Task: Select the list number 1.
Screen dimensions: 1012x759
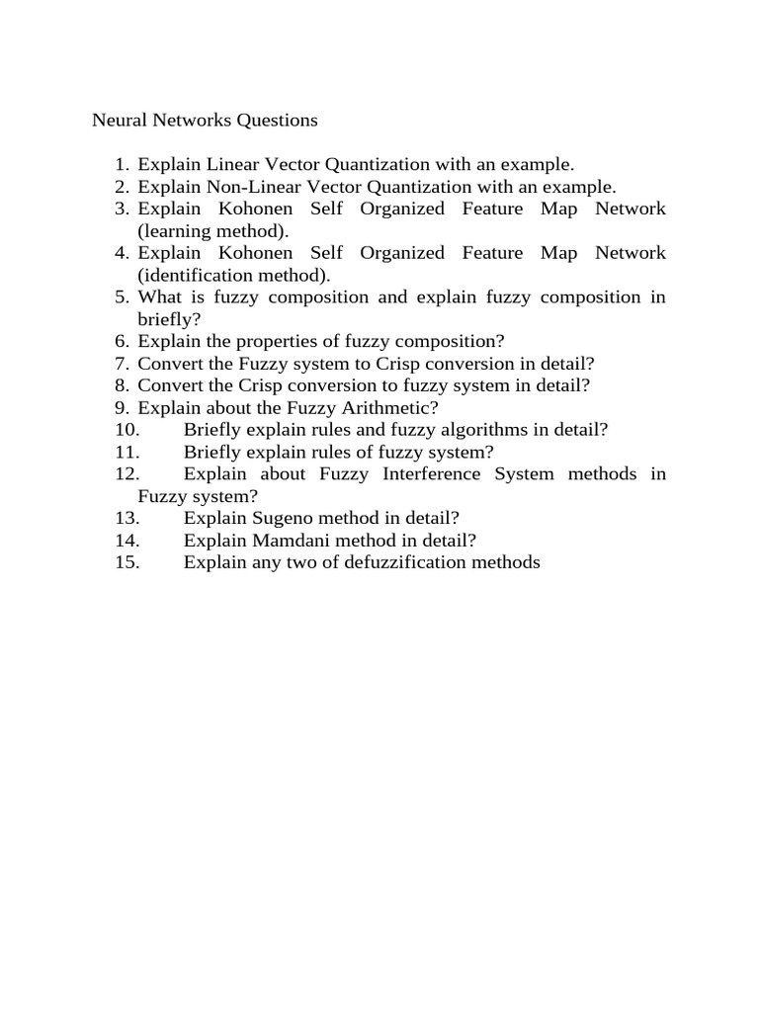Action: tap(122, 165)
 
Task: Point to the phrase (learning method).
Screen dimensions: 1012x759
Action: tap(213, 231)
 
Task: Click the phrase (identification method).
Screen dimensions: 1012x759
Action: tap(234, 275)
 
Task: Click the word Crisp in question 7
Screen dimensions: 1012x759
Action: tap(399, 364)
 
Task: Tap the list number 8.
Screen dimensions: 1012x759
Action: tap(122, 385)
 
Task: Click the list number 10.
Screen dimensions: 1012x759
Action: tap(126, 430)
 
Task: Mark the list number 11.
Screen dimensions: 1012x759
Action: tap(126, 452)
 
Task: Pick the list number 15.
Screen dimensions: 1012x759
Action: tap(126, 562)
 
